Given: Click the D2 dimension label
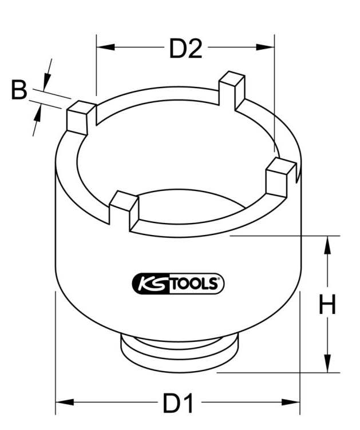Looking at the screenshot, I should click(x=185, y=49).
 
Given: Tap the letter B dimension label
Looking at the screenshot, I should click(x=19, y=91).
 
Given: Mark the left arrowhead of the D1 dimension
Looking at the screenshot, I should click(x=62, y=403).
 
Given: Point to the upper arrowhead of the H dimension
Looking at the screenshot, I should click(x=327, y=243).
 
